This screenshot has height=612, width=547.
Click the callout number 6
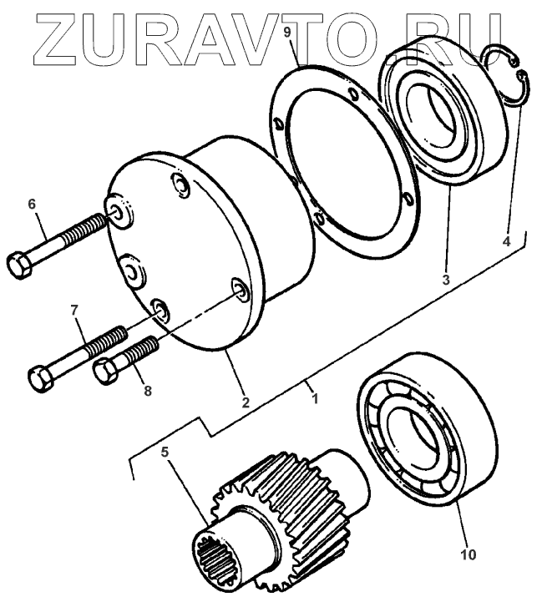[x=33, y=204]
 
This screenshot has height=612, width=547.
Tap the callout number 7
[x=74, y=311]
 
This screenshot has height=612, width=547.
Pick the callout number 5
[x=165, y=454]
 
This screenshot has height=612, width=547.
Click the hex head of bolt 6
[x=18, y=266]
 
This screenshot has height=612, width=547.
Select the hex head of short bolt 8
[x=104, y=370]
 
